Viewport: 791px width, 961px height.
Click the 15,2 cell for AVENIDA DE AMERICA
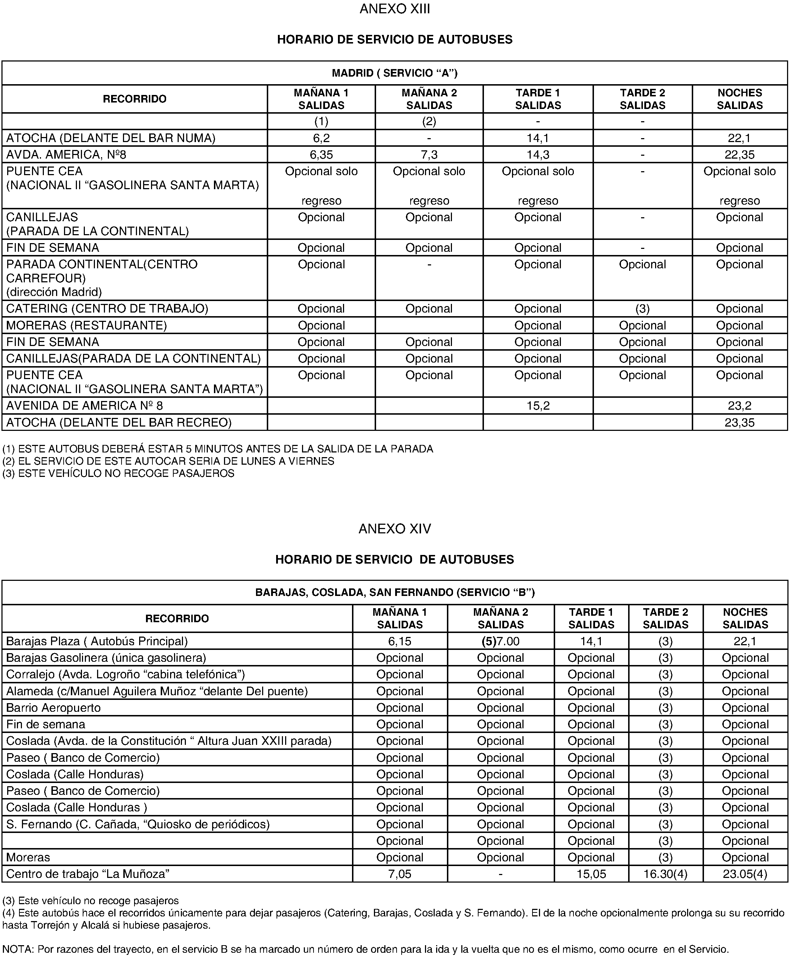point(538,406)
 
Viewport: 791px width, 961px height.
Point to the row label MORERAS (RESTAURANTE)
point(87,325)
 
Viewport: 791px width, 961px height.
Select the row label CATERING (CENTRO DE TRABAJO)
point(107,309)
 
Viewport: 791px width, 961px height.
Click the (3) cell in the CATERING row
point(642,309)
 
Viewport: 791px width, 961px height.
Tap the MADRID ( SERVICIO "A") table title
point(394,73)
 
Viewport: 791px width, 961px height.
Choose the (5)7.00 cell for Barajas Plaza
point(500,641)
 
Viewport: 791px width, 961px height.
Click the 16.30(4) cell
point(665,874)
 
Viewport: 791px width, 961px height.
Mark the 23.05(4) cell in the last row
point(745,874)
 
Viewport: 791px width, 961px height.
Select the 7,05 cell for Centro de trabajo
point(399,874)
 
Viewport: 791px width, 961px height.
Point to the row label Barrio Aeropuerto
point(53,708)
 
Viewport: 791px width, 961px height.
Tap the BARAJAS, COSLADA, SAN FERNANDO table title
point(394,592)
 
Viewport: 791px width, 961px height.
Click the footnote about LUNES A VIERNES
point(169,461)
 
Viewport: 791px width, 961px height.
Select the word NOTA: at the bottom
point(18,949)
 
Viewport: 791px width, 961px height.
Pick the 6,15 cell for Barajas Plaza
point(399,641)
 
